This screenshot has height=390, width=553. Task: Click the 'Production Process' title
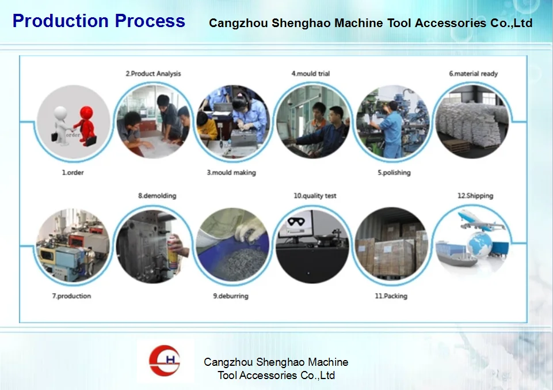(99, 21)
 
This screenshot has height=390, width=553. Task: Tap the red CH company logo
(165, 361)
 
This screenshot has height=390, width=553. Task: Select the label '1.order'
(73, 173)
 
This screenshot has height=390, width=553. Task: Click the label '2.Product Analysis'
(154, 74)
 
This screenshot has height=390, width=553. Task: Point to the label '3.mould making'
(231, 173)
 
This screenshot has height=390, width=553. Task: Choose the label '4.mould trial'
(311, 74)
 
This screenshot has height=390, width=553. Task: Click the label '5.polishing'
(394, 173)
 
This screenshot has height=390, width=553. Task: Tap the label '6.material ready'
(473, 74)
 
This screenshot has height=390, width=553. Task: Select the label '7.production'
(71, 296)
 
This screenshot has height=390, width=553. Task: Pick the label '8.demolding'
(157, 196)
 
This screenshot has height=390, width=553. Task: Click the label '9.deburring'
(231, 296)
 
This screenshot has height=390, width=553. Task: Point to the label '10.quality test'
(315, 196)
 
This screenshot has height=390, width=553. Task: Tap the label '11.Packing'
(391, 296)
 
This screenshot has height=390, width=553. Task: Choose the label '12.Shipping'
(475, 196)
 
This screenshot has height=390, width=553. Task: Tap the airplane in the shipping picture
(480, 220)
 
